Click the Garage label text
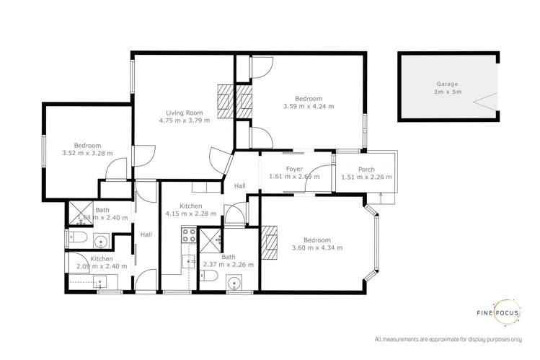point(446,84)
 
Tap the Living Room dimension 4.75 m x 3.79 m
point(185,120)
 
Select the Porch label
point(366,170)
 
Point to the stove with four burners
point(188,234)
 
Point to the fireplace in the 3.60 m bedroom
point(270,242)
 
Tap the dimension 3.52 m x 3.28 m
point(88,153)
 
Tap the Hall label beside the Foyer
point(239,186)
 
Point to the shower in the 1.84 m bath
point(76,213)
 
